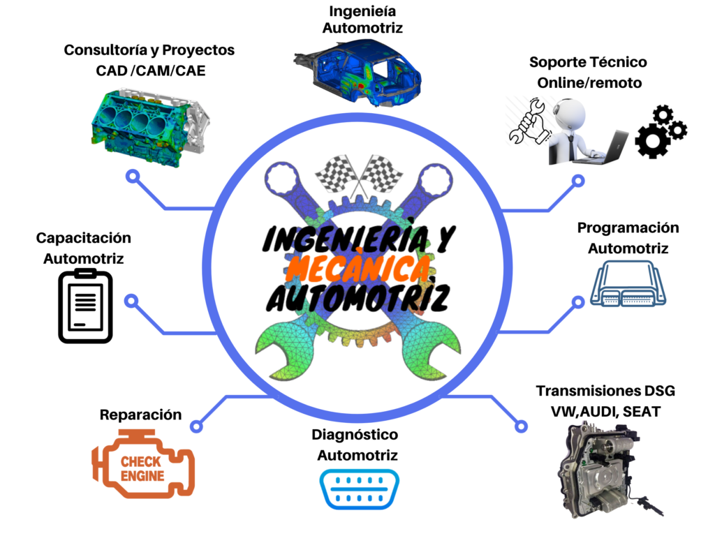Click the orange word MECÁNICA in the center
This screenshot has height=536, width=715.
click(358, 267)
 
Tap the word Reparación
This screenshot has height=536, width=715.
click(140, 415)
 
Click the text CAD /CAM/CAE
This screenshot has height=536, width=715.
click(151, 70)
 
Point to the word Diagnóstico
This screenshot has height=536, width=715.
click(355, 435)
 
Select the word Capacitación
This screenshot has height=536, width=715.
click(84, 238)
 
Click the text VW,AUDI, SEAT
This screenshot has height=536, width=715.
click(605, 412)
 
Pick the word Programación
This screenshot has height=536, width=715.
click(628, 228)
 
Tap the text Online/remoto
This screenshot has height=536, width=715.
click(589, 82)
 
